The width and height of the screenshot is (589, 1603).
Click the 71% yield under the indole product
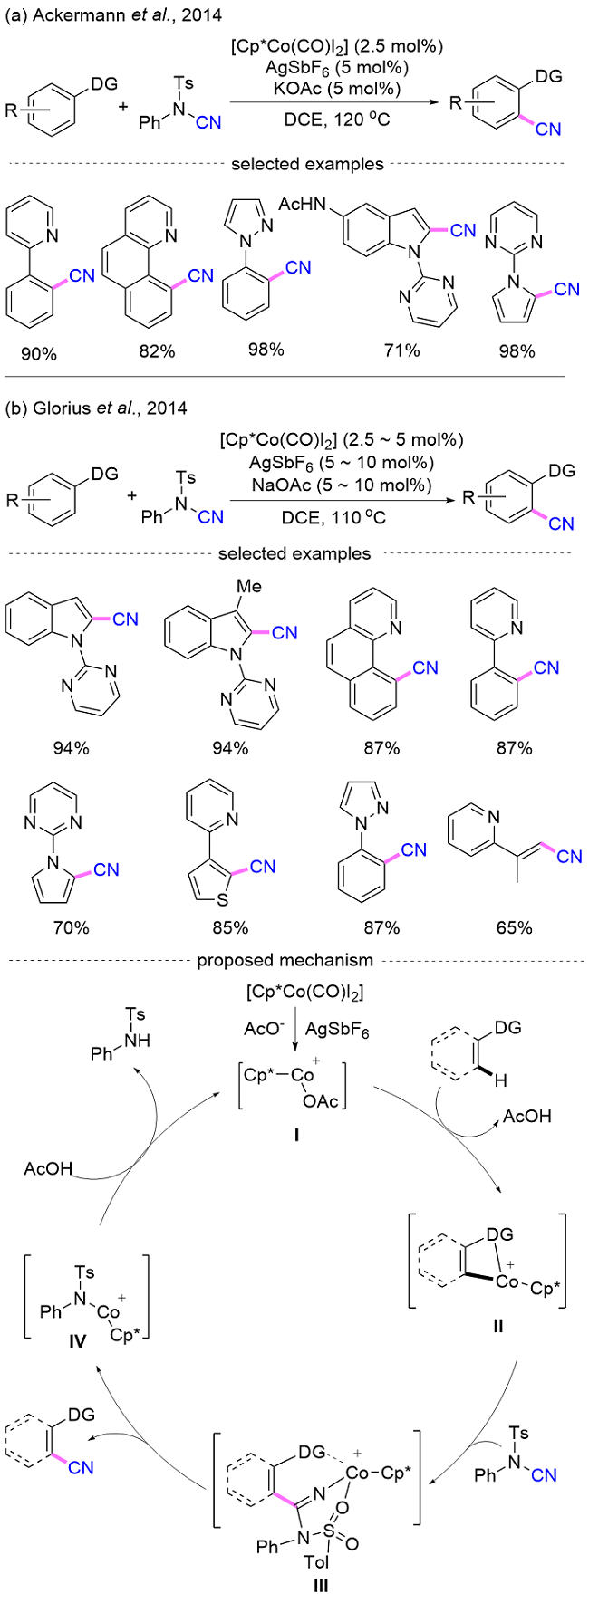pos(401,350)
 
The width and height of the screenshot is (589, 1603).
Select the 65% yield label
pos(515,927)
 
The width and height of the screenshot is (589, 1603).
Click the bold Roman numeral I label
pos(296,1133)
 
